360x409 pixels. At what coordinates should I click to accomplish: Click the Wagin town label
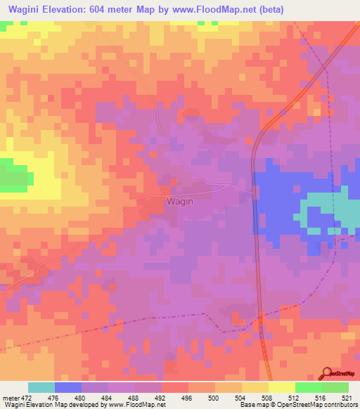179,201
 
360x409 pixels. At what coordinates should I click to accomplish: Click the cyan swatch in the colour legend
41,387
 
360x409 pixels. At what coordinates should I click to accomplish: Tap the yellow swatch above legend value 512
281,387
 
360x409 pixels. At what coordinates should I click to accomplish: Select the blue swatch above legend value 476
68,387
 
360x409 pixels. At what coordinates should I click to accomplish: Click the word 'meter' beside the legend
10,397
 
